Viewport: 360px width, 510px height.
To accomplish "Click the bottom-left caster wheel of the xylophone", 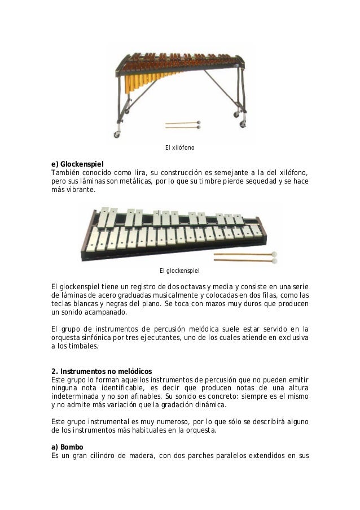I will [117, 135].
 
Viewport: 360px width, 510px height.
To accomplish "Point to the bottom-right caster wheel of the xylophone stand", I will [243, 124].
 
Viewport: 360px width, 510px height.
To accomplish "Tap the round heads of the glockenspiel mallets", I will [274, 256].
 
